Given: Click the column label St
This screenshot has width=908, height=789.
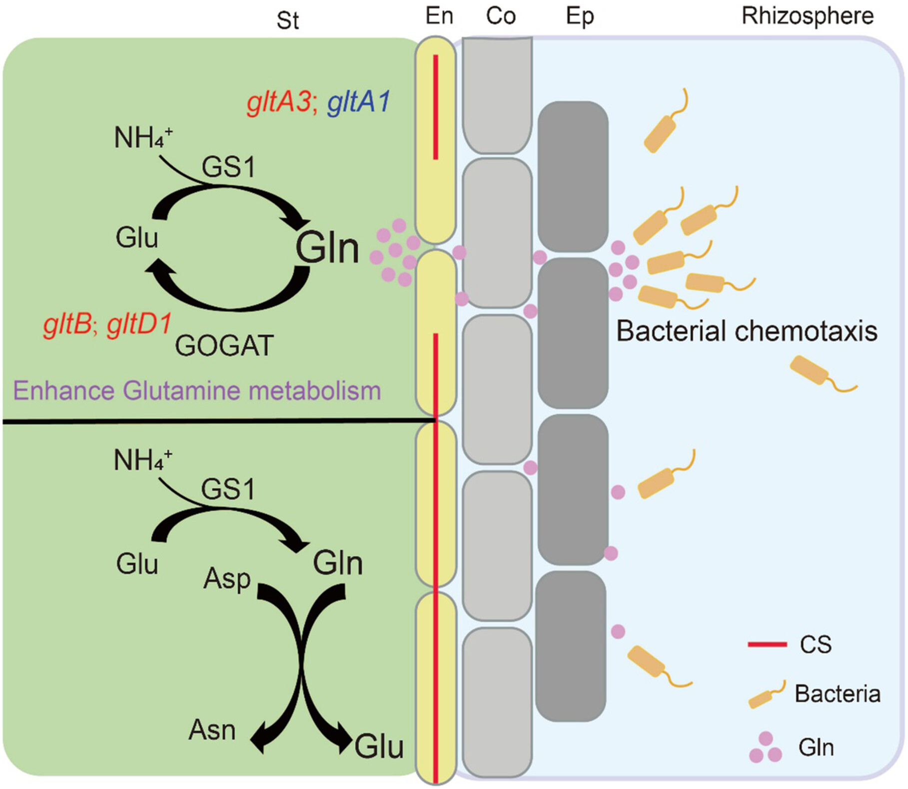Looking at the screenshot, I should [288, 21].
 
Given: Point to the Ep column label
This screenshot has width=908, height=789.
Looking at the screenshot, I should [580, 17].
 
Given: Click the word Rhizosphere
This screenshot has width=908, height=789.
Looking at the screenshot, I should [808, 16].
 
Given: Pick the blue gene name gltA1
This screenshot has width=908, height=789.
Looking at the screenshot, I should [358, 103].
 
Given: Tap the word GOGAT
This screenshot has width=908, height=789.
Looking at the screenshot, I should [224, 345].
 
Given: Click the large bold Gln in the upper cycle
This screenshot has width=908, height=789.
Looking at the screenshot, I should [327, 248].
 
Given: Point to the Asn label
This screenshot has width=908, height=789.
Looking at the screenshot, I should [212, 731].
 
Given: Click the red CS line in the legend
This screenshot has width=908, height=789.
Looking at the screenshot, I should [767, 645].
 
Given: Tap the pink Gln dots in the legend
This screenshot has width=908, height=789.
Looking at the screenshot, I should [765, 748].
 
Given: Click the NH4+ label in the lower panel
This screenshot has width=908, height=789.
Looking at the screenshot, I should [143, 460].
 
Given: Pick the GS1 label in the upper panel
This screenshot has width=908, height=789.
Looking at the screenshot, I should [228, 167].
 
